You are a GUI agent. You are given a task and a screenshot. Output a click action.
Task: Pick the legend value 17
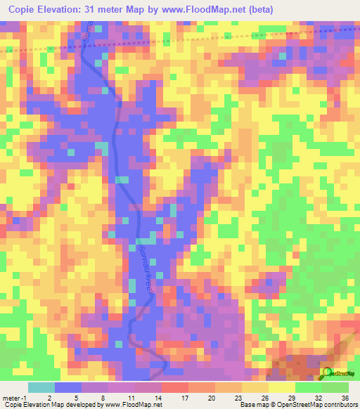point(174,398)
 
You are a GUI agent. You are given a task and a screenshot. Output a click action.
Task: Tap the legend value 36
point(345,398)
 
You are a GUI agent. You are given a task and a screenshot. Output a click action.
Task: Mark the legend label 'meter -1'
point(15,398)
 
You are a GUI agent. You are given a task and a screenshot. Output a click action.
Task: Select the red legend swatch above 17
point(174,387)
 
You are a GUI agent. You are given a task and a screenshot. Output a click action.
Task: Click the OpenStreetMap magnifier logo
point(326,373)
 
